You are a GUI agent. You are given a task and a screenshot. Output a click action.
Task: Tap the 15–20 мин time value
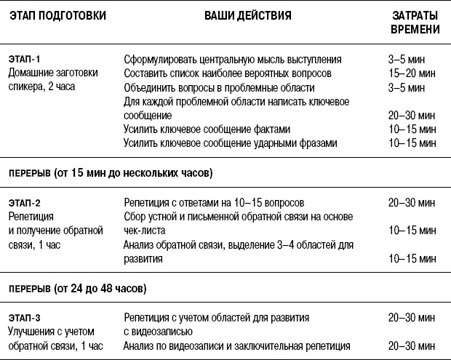pos(412,73)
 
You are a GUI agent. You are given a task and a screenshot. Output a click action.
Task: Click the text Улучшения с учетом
pos(50,331)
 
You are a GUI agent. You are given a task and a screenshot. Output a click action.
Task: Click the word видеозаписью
pos(161,332)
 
